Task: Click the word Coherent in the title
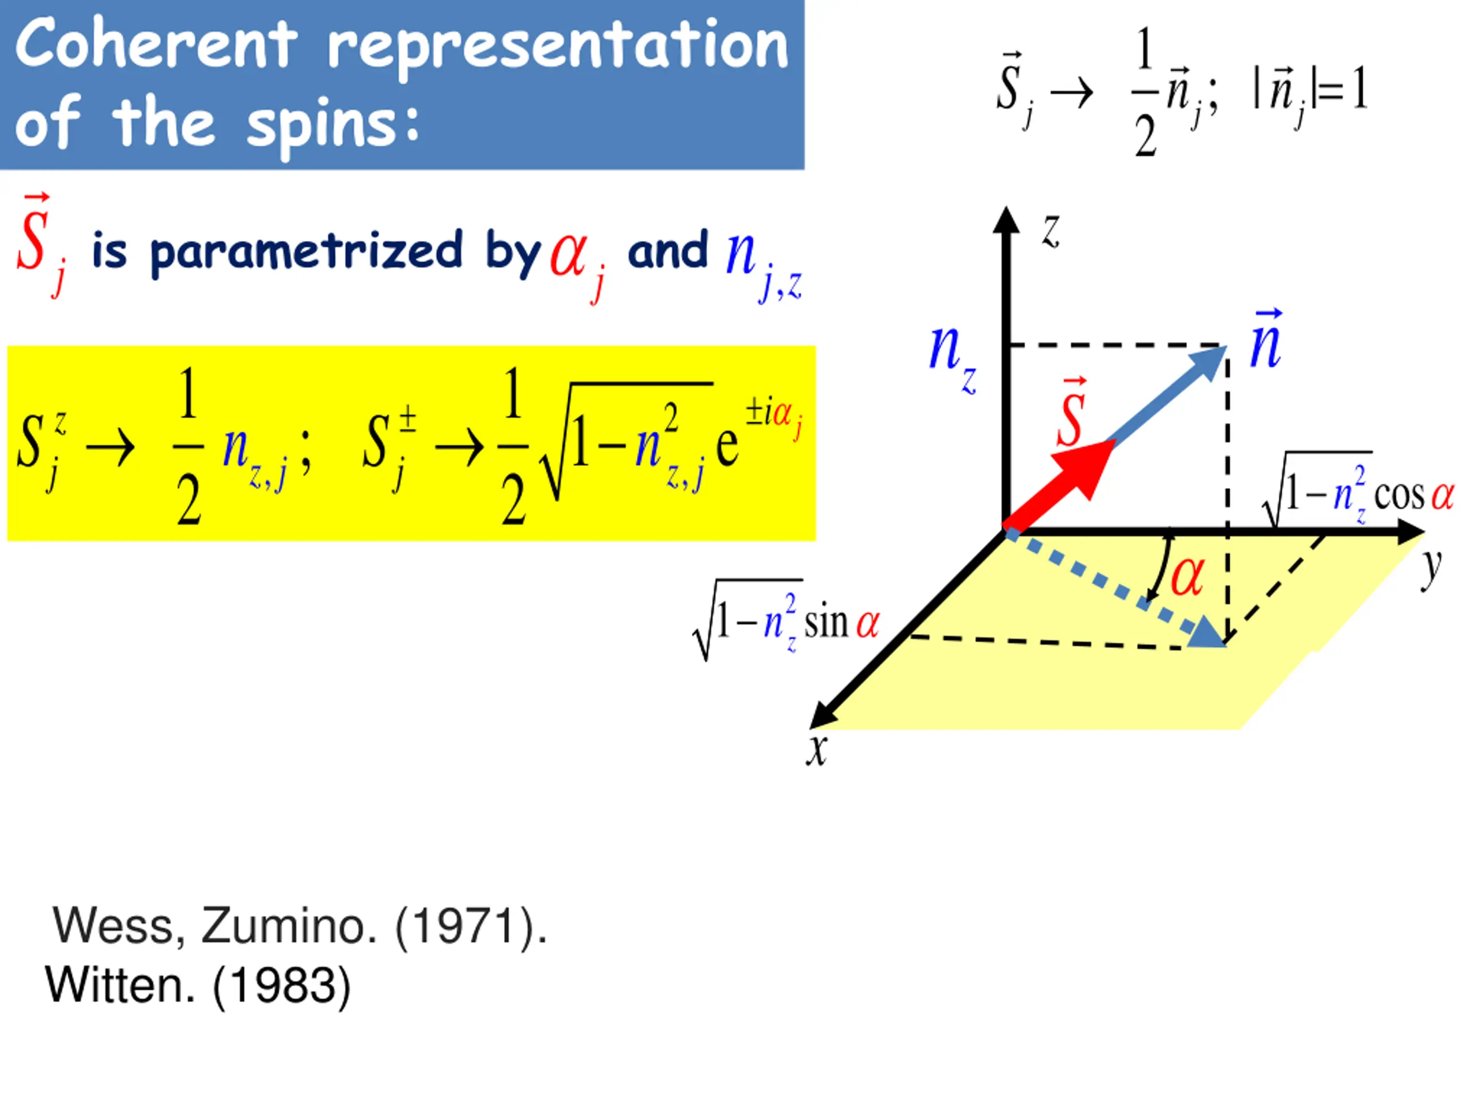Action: tap(155, 46)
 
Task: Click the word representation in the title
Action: tap(558, 47)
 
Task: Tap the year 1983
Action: tap(282, 986)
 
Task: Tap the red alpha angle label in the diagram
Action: tap(1187, 575)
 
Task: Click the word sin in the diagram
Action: tap(826, 623)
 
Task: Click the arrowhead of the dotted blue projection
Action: tap(1208, 633)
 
